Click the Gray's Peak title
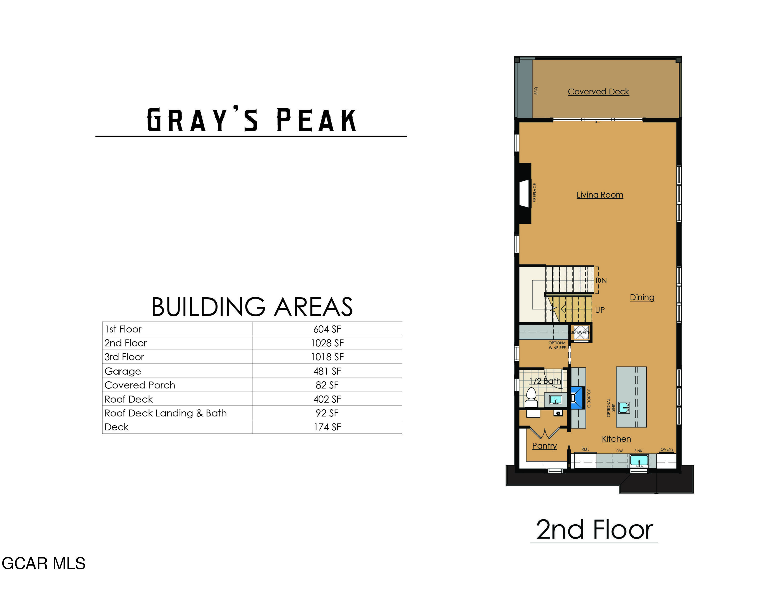pyautogui.click(x=251, y=120)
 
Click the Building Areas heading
pyautogui.click(x=252, y=307)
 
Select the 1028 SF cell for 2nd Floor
pyautogui.click(x=327, y=343)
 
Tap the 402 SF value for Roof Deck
pyautogui.click(x=327, y=399)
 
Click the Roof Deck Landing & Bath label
pyautogui.click(x=166, y=413)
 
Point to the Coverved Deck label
pyautogui.click(x=598, y=92)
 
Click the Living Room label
pyautogui.click(x=599, y=195)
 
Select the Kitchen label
pyautogui.click(x=616, y=439)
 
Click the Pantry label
pyautogui.click(x=544, y=446)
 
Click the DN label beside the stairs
pyautogui.click(x=601, y=280)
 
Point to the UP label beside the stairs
pyautogui.click(x=599, y=310)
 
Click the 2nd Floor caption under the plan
pyautogui.click(x=594, y=530)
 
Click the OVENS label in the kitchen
pyautogui.click(x=666, y=449)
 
